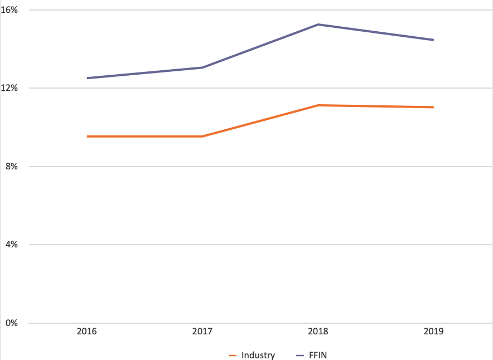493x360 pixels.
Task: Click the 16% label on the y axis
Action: pos(11,10)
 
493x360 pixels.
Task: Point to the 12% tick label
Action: pos(11,88)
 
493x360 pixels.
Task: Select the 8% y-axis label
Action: pos(12,167)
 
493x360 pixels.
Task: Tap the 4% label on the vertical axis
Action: pos(12,245)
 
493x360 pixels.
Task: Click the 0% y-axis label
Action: pos(12,323)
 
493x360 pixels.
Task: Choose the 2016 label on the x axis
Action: pos(87,332)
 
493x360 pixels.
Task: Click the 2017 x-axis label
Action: pos(202,332)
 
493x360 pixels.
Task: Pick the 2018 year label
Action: pos(318,332)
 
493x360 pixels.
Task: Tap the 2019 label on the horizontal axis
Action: pos(433,332)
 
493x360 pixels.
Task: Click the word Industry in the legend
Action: pos(258,355)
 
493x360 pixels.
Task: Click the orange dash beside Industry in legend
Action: pos(233,355)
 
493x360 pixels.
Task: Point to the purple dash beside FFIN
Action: pos(299,355)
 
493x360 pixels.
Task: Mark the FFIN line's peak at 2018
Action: pos(318,25)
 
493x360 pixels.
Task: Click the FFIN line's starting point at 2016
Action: pos(88,78)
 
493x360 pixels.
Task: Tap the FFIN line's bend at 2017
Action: pos(202,67)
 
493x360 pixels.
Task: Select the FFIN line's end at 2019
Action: pos(433,40)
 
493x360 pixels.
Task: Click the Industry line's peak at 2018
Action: pos(318,105)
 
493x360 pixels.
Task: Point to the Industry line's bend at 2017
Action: pos(202,136)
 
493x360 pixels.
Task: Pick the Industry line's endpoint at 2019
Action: pos(433,107)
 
